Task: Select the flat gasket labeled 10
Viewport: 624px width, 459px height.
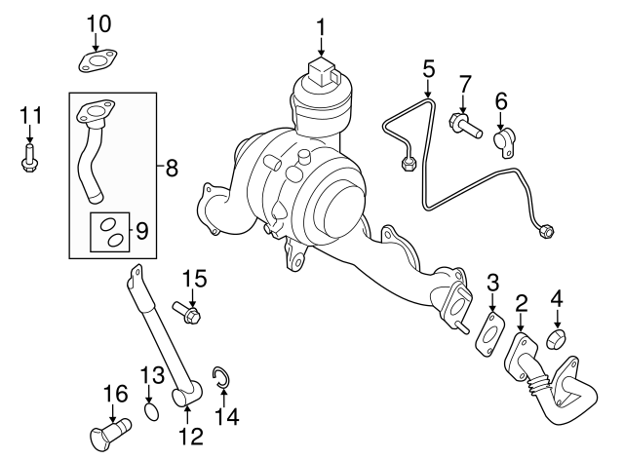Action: [x=97, y=62]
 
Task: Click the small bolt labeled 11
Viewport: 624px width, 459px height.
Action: [x=29, y=159]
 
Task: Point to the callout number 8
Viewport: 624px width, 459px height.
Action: [x=172, y=169]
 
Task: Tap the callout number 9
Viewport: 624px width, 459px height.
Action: [x=140, y=231]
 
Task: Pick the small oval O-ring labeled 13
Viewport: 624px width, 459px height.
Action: [x=150, y=412]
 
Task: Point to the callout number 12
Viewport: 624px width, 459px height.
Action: [x=190, y=435]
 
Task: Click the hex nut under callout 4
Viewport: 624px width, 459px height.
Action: [x=557, y=341]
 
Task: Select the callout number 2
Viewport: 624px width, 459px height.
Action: [x=522, y=303]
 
